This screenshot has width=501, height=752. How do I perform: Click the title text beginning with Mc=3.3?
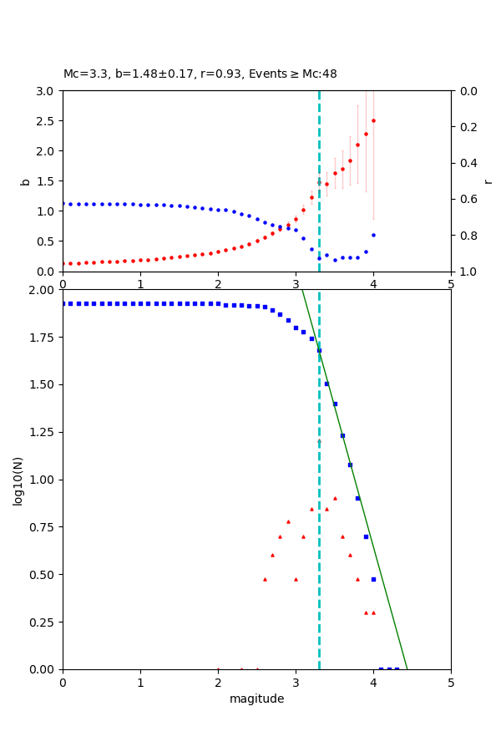pyautogui.click(x=200, y=74)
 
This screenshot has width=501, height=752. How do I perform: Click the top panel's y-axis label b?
pyautogui.click(x=25, y=180)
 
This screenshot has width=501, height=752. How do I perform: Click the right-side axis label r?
pyautogui.click(x=488, y=180)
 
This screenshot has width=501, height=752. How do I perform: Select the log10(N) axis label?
pyautogui.click(x=18, y=480)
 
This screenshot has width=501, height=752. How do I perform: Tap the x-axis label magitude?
pyautogui.click(x=256, y=699)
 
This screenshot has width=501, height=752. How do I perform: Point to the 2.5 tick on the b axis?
pyautogui.click(x=47, y=121)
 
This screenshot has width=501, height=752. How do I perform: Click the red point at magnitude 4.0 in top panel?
pyautogui.click(x=373, y=120)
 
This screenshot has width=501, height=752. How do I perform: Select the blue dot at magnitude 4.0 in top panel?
pyautogui.click(x=373, y=235)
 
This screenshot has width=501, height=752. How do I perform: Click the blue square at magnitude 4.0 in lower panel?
pyautogui.click(x=373, y=579)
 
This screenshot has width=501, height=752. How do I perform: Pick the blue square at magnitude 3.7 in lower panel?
pyautogui.click(x=350, y=465)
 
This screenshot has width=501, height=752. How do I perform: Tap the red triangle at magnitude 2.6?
pyautogui.click(x=265, y=579)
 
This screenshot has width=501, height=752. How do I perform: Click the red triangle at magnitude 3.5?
pyautogui.click(x=335, y=498)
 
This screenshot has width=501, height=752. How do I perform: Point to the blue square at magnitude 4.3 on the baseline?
pyautogui.click(x=397, y=669)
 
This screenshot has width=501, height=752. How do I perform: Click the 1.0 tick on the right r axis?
pyautogui.click(x=465, y=272)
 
